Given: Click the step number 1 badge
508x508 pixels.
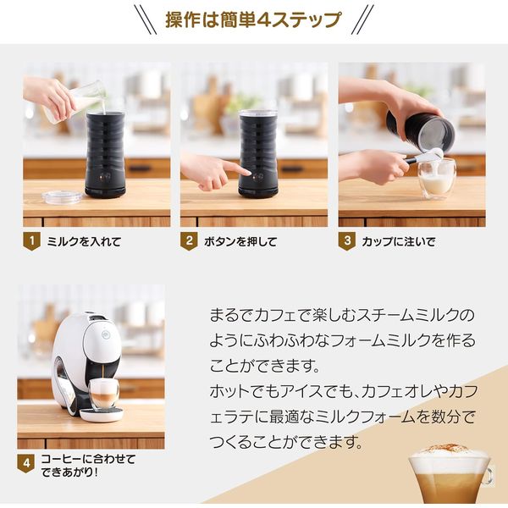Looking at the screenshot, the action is [x=32, y=241].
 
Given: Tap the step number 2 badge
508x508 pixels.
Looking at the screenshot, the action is [x=189, y=241].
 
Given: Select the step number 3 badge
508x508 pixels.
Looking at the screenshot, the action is [x=347, y=241].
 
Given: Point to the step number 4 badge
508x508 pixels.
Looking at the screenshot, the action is [x=26, y=463].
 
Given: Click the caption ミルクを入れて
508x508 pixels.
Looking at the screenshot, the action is [x=84, y=241].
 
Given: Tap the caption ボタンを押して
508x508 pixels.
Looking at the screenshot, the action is [x=240, y=241].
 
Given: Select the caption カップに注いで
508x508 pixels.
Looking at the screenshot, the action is [x=399, y=241].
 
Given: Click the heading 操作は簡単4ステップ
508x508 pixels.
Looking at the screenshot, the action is [x=253, y=19].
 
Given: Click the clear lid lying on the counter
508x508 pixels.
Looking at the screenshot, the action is [x=62, y=197].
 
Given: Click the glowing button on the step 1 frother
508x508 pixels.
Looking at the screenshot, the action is [x=102, y=178].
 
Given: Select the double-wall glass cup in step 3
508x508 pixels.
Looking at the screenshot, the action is [x=437, y=179].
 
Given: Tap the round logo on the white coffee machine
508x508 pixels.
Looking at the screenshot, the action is [x=105, y=334].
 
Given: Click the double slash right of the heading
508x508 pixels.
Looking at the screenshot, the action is [x=362, y=19].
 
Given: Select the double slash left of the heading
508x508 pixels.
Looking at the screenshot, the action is [x=146, y=19].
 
